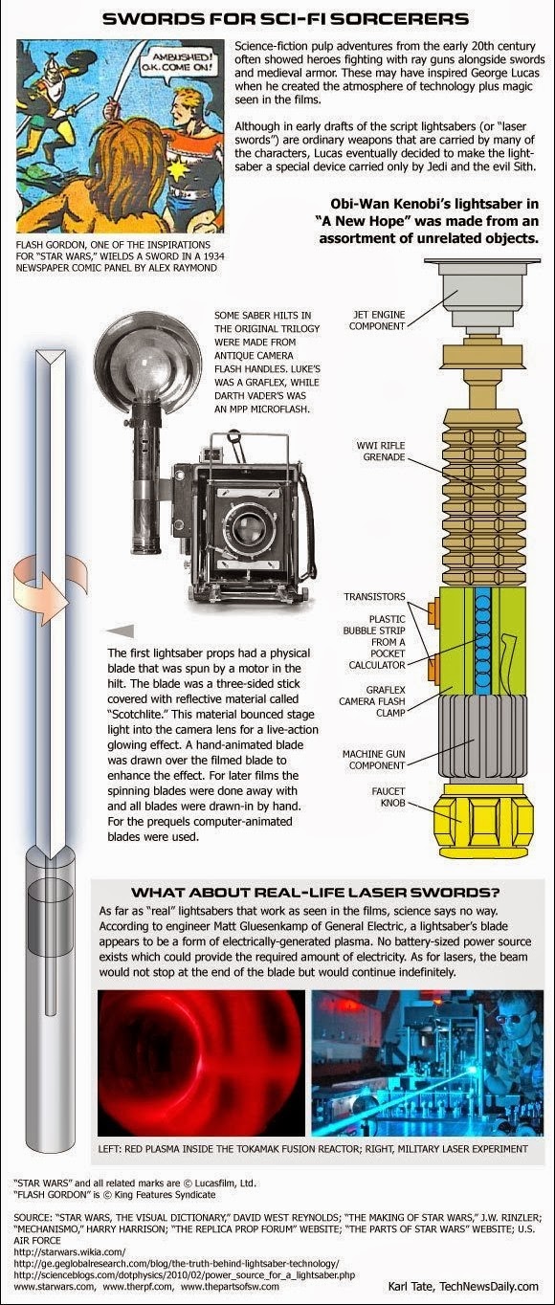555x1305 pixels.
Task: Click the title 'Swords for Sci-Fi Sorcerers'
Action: click(285, 17)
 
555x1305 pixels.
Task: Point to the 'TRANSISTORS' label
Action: click(374, 597)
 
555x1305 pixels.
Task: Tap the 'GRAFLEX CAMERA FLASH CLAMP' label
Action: click(374, 702)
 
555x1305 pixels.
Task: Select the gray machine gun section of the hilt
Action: click(479, 741)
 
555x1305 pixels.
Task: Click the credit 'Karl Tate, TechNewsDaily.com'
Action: click(463, 1285)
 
